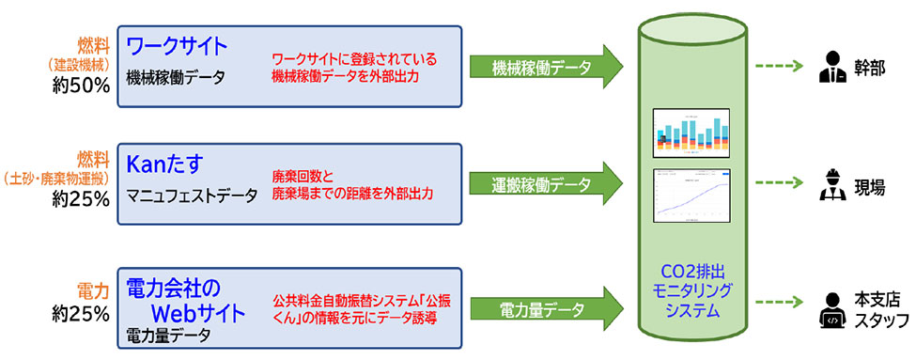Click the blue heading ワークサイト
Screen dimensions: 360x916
point(178,45)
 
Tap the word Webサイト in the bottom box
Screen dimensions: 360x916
point(198,311)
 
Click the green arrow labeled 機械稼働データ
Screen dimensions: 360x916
point(545,67)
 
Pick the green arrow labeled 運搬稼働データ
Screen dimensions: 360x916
point(545,184)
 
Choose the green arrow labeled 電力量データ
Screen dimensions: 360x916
point(545,307)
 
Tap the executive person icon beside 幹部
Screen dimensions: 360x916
point(831,67)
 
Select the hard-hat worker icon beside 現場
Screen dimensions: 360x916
point(831,184)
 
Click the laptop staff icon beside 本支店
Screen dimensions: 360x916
point(831,308)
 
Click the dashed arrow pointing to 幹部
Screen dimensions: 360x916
point(775,67)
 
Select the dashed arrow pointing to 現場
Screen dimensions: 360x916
point(775,184)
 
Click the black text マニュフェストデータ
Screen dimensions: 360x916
point(193,196)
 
